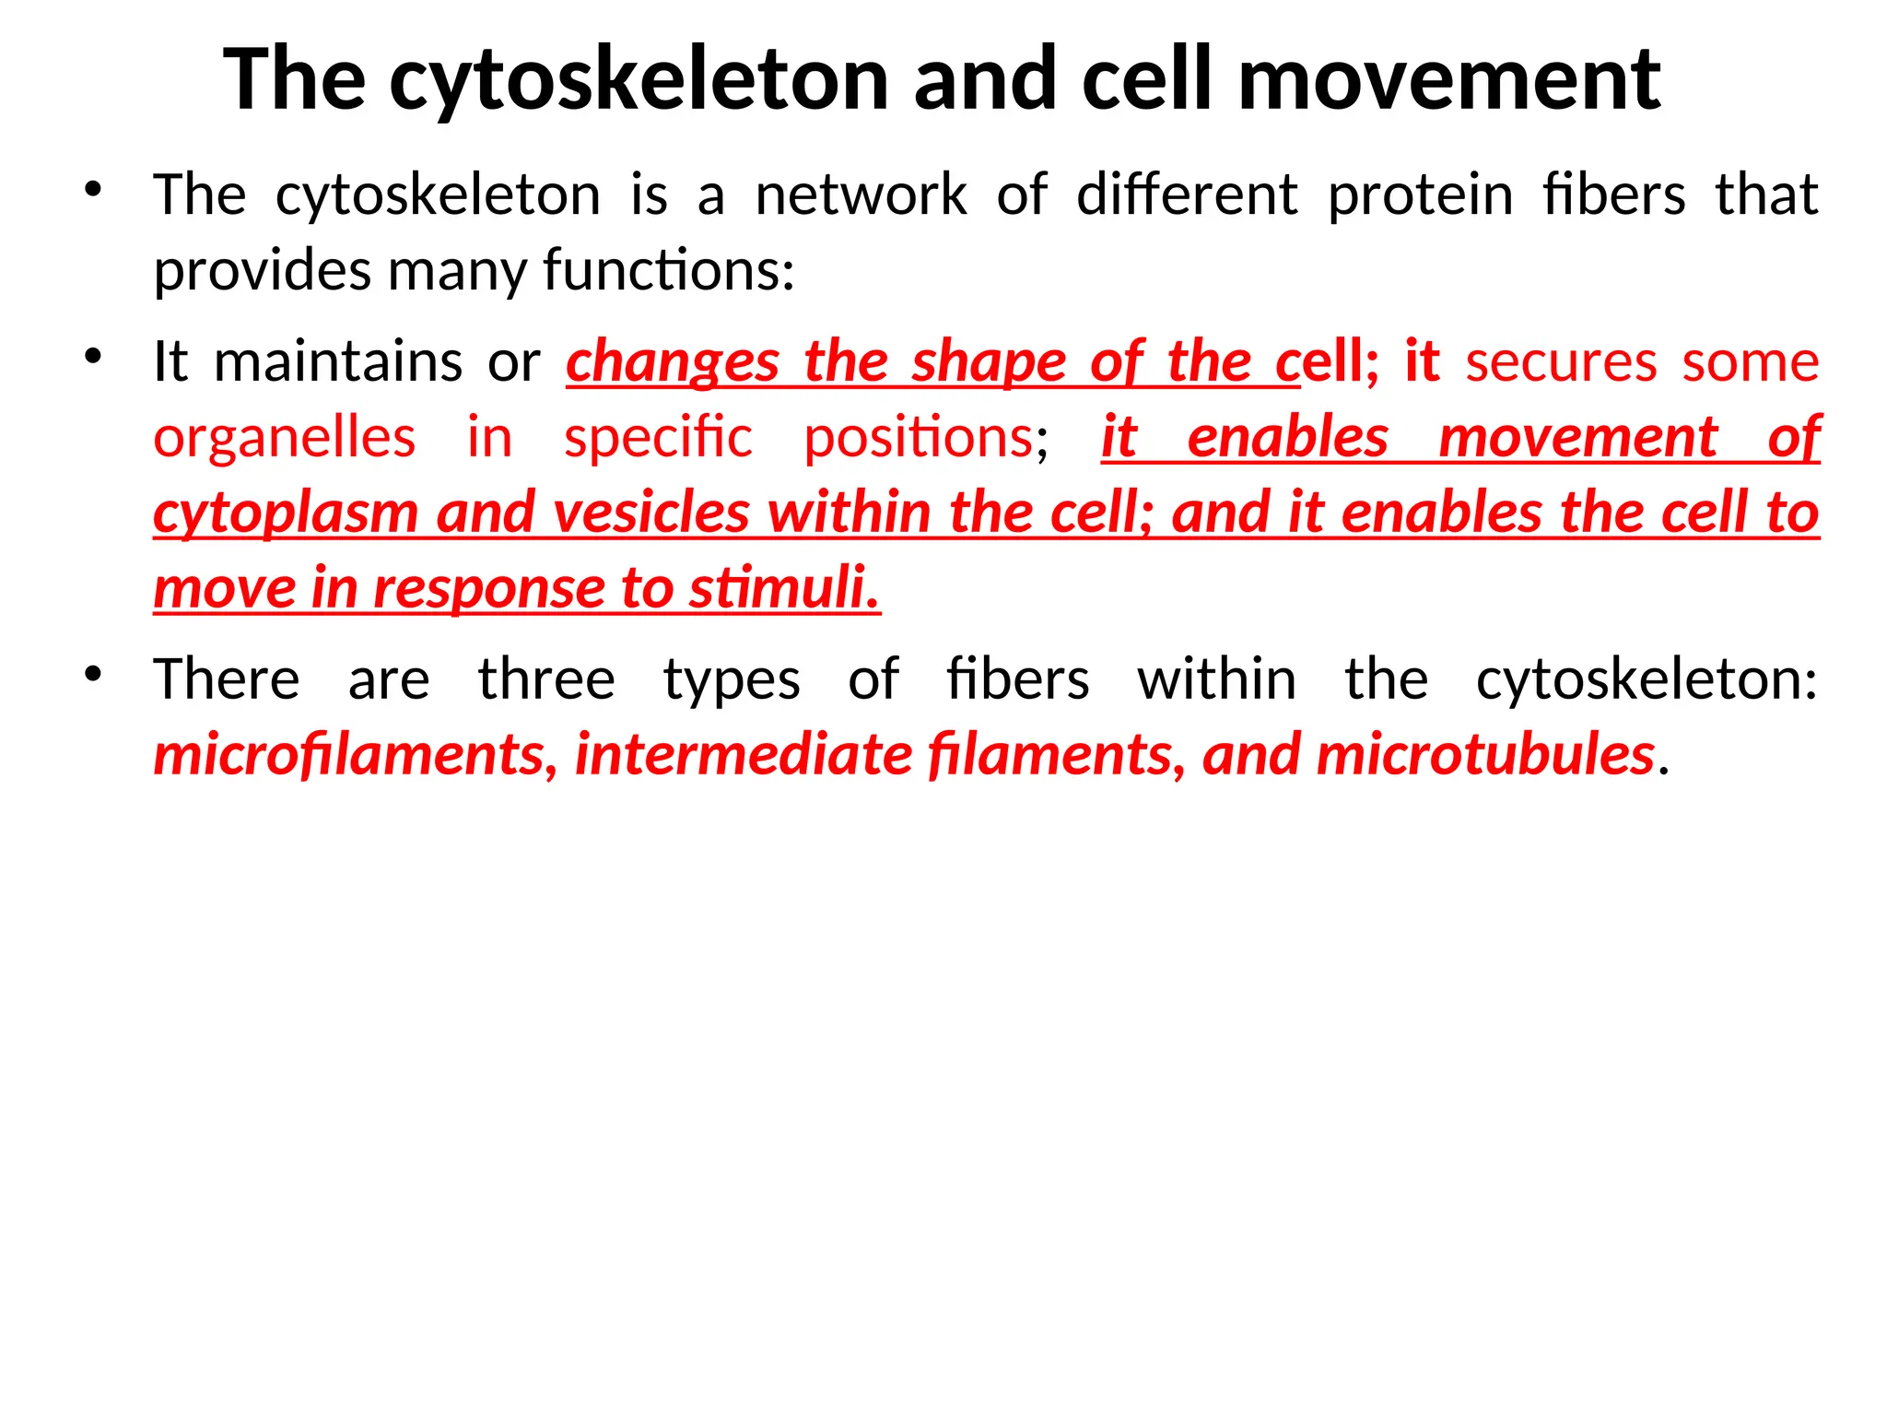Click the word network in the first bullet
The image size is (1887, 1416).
(861, 195)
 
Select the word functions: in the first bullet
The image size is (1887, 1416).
(669, 271)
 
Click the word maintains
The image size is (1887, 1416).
(338, 361)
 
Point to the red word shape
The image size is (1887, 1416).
(989, 361)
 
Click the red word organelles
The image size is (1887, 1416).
(284, 437)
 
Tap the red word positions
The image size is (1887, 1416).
(919, 437)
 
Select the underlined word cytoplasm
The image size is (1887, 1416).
(286, 513)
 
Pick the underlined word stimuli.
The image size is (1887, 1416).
(784, 588)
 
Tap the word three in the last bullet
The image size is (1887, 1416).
(546, 680)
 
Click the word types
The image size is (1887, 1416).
(732, 680)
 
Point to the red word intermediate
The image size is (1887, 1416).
(744, 755)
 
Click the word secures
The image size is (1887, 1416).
(1561, 361)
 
